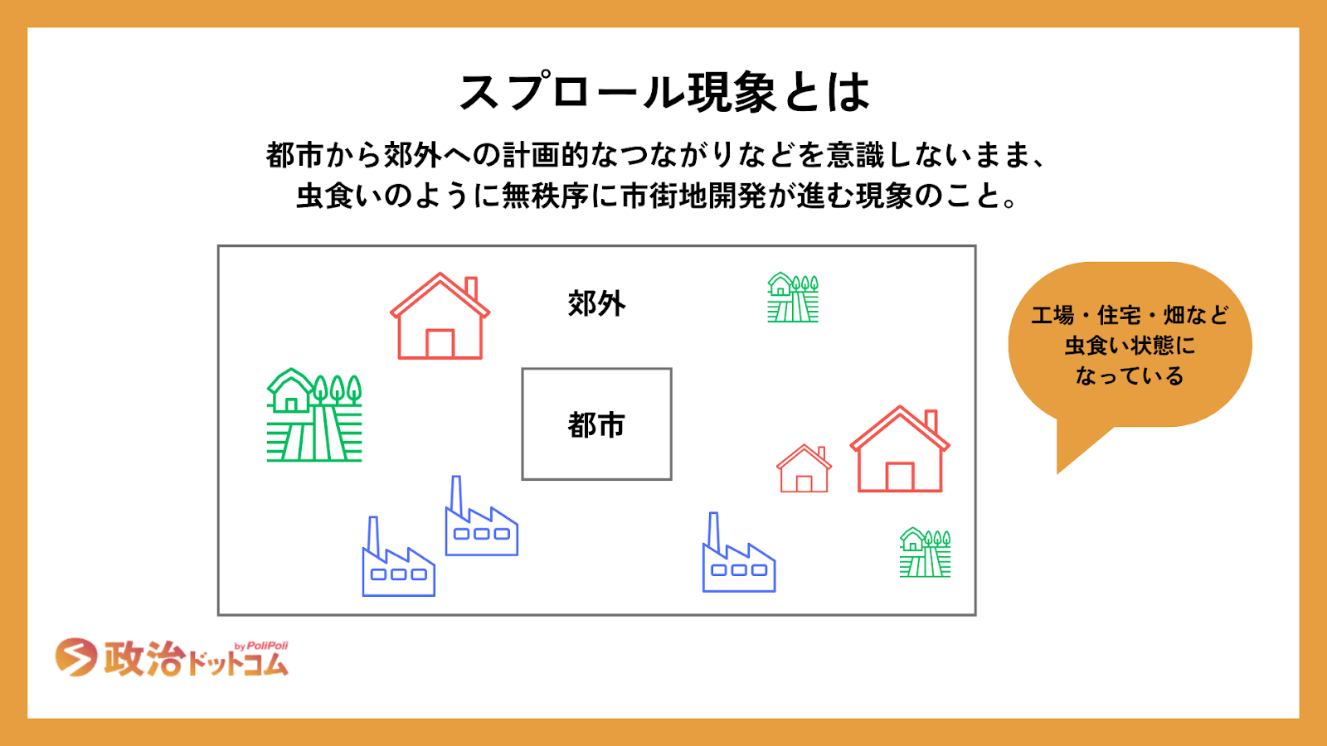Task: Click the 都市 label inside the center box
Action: coord(596,425)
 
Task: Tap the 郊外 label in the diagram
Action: coord(596,303)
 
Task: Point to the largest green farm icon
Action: coord(314,415)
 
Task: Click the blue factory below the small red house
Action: coord(738,555)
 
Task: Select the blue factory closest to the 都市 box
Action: coord(481,518)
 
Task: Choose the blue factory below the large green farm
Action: coord(398,559)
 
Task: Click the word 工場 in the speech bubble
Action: coord(1052,315)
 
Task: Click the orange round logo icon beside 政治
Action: coord(75,657)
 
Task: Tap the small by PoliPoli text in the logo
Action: coord(261,646)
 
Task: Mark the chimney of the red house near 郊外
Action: coord(471,288)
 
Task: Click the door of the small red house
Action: coord(804,484)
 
